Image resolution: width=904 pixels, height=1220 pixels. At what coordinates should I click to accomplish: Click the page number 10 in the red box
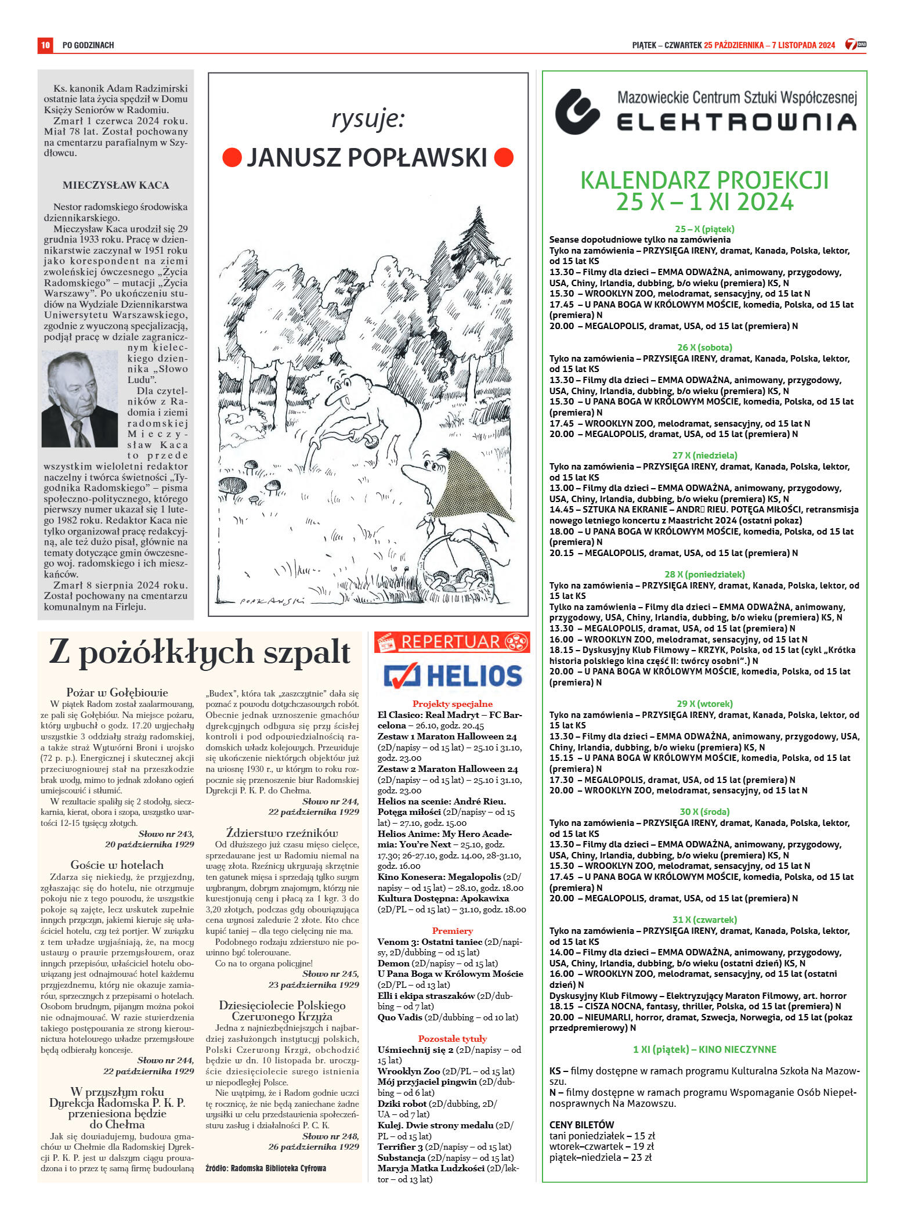[45, 45]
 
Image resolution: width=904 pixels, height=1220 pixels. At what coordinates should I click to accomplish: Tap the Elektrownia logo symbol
[577, 111]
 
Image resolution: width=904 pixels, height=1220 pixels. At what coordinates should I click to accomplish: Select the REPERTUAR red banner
[452, 642]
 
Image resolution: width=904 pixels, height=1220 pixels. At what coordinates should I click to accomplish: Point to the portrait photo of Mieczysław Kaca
[79, 399]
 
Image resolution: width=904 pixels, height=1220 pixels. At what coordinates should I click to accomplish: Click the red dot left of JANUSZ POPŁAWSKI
[232, 157]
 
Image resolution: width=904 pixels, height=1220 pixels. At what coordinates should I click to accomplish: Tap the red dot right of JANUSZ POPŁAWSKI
[504, 157]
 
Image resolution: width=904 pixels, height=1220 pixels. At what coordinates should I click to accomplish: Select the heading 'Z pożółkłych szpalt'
[200, 652]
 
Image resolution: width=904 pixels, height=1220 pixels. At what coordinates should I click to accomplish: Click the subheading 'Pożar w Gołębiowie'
[117, 692]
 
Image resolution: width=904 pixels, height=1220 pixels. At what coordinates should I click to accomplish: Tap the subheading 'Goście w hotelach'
[117, 865]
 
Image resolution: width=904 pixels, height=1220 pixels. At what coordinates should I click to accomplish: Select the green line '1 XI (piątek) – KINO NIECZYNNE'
[704, 1049]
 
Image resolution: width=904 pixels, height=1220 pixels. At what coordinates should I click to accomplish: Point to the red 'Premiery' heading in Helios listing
[452, 931]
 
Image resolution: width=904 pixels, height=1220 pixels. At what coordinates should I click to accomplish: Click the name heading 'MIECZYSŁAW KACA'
[116, 186]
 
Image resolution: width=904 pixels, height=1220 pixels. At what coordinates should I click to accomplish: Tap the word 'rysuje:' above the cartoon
[368, 119]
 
